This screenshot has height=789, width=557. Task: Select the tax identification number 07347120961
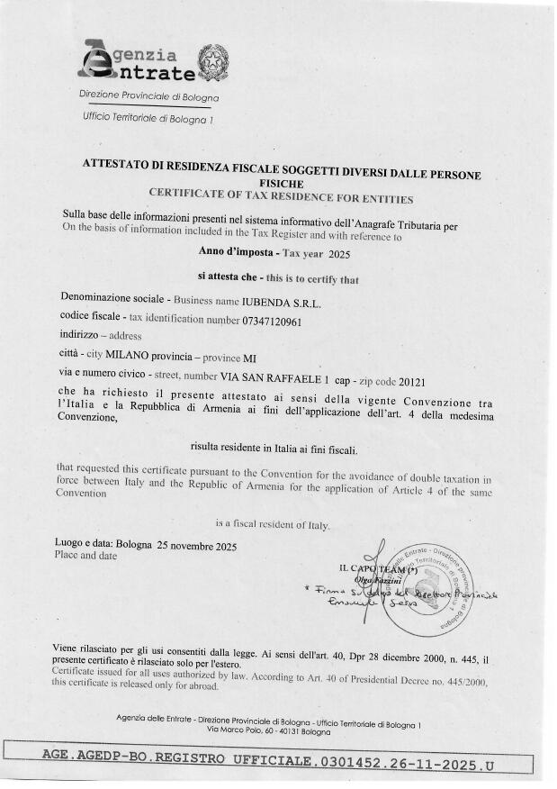[272, 320]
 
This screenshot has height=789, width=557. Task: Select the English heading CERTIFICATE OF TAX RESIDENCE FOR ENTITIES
[280, 193]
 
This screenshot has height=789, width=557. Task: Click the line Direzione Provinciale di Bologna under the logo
[148, 96]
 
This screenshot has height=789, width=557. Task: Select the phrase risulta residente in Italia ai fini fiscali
[282, 447]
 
